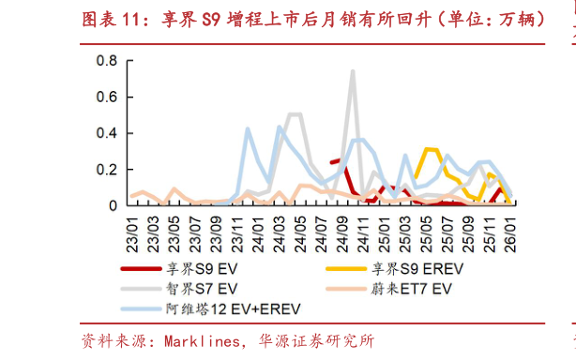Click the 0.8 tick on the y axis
pyautogui.click(x=106, y=61)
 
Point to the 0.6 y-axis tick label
pyautogui.click(x=106, y=97)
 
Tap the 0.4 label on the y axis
pyautogui.click(x=106, y=133)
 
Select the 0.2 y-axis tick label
pyautogui.click(x=106, y=169)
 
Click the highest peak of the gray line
pyautogui.click(x=352, y=70)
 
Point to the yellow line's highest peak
pyautogui.click(x=429, y=149)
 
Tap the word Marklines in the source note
pyautogui.click(x=198, y=339)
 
